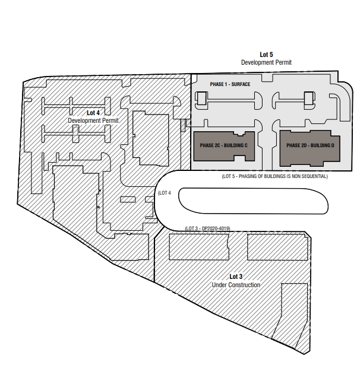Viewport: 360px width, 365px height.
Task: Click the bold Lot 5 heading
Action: [266, 55]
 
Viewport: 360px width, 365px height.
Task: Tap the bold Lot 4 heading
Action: [93, 113]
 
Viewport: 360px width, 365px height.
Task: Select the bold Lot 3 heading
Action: [236, 277]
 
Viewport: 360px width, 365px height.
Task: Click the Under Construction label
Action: [236, 285]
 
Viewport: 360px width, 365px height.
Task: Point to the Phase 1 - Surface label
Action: [230, 84]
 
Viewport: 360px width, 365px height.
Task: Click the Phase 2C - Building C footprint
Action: [224, 146]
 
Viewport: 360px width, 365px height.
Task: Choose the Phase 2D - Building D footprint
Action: [310, 148]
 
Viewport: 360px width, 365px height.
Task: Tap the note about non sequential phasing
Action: [274, 176]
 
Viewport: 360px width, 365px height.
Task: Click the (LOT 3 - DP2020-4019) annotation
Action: [207, 228]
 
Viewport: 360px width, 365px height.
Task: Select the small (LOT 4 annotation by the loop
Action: [165, 193]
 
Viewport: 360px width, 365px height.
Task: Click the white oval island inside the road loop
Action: [253, 201]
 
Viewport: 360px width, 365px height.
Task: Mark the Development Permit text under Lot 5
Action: [266, 63]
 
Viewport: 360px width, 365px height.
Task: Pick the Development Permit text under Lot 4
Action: [93, 120]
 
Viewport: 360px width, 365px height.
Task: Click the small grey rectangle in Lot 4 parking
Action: [75, 131]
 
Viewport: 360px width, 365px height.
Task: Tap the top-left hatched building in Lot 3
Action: [199, 247]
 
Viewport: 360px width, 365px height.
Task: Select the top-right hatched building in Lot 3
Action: [277, 247]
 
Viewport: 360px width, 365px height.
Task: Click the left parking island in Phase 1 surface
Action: [228, 100]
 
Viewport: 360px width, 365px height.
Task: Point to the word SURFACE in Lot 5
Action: [241, 84]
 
